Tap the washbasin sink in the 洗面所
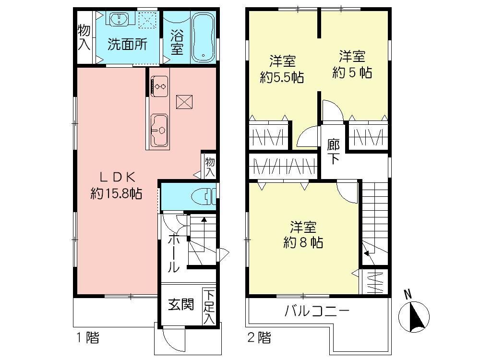[x=117, y=19]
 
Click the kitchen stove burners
[x=159, y=86]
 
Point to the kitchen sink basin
[x=159, y=130]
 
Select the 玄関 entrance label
[x=181, y=304]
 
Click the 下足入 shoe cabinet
[x=209, y=306]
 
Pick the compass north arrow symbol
[x=414, y=315]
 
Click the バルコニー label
[x=316, y=311]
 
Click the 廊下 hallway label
[x=334, y=151]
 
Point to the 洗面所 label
[x=127, y=44]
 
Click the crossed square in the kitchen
[x=185, y=102]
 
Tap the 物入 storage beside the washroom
[x=84, y=37]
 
